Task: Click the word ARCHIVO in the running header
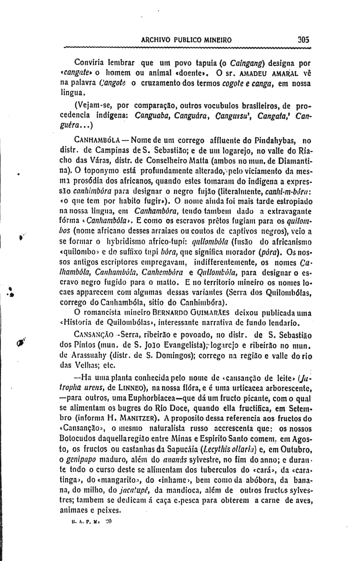(x=155, y=39)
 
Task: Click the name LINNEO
(x=130, y=387)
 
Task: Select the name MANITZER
(x=144, y=418)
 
